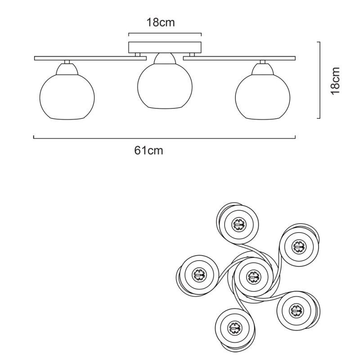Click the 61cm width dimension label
point(148,151)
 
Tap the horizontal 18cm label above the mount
point(160,22)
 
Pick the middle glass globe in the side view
point(165,86)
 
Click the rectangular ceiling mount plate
point(165,47)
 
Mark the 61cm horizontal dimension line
point(165,138)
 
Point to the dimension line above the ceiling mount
point(165,34)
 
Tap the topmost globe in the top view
point(238,224)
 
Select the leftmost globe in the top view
point(198,274)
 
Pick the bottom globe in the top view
point(234,327)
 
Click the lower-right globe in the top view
point(296,310)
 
